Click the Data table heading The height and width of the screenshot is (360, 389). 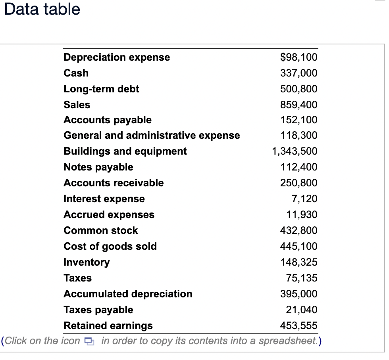click(x=42, y=9)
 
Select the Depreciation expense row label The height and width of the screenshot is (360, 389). click(x=117, y=57)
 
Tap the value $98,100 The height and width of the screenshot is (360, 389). click(x=298, y=57)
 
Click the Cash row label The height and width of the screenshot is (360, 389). click(x=76, y=73)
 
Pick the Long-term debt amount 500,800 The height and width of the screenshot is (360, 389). click(x=298, y=89)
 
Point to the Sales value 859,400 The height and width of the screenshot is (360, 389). click(x=298, y=105)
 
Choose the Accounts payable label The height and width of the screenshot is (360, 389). click(x=108, y=120)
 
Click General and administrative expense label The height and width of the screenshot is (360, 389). click(x=152, y=135)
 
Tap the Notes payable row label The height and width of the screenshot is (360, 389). click(x=98, y=167)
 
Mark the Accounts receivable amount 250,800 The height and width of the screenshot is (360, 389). click(x=298, y=183)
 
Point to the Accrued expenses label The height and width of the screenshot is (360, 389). click(x=109, y=214)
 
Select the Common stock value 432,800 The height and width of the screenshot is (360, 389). click(x=298, y=230)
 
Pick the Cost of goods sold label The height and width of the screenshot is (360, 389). click(x=110, y=246)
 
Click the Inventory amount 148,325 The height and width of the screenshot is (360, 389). click(x=298, y=262)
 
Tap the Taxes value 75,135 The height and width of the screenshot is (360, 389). click(x=302, y=278)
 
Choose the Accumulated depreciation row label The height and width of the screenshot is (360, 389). click(x=128, y=294)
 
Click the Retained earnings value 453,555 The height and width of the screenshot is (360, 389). click(x=298, y=326)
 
